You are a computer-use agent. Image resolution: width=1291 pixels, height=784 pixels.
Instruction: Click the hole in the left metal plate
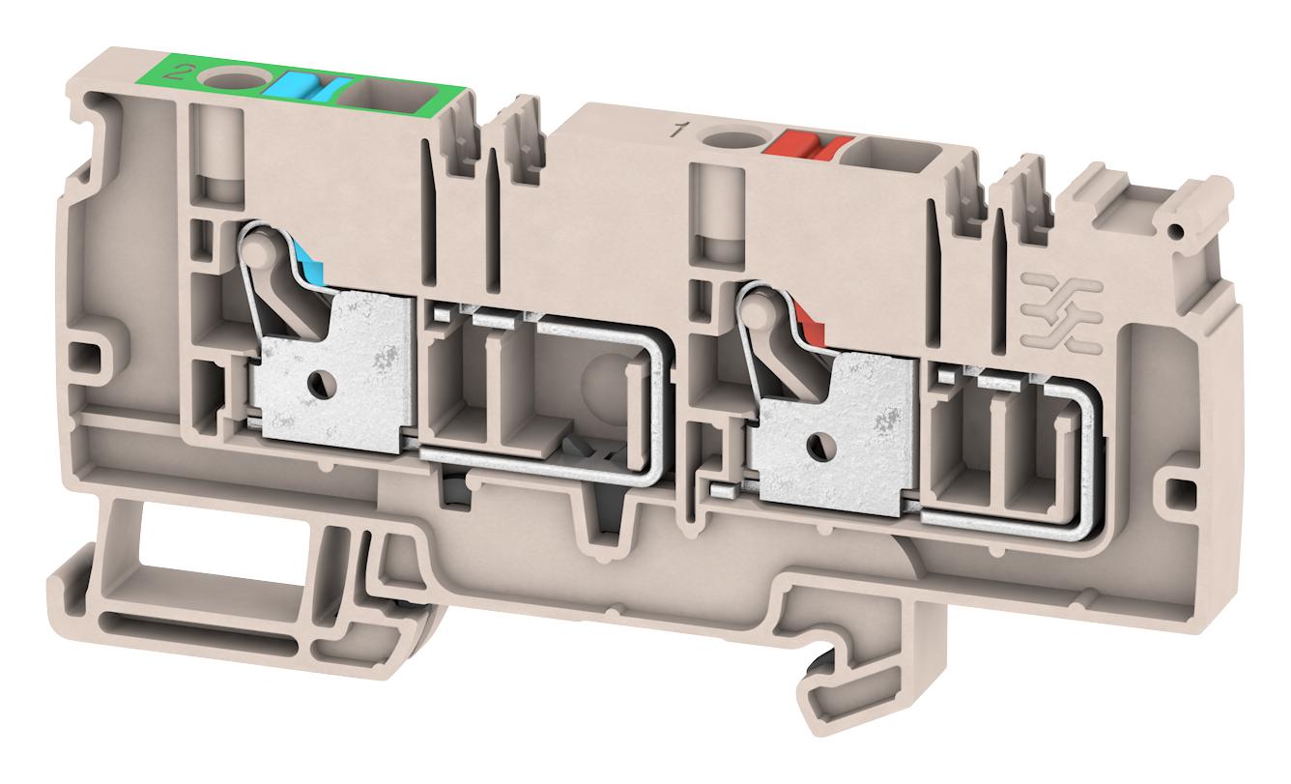[x=317, y=387]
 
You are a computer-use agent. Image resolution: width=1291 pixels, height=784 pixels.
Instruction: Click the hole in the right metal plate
[x=818, y=446]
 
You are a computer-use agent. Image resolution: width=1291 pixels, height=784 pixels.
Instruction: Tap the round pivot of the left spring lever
[x=254, y=253]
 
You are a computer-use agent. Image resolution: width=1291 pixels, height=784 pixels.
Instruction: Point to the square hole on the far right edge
[x=1177, y=491]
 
